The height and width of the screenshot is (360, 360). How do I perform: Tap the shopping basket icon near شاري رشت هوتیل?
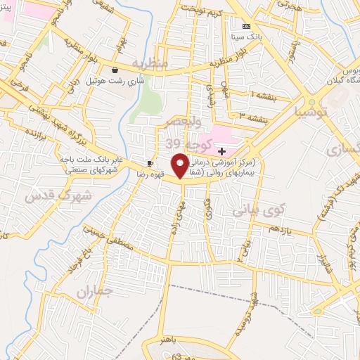(115, 70)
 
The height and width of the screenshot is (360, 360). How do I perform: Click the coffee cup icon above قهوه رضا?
(149, 162)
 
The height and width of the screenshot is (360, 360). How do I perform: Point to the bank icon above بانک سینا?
(245, 25)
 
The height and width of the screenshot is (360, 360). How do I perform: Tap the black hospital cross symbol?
(221, 150)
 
